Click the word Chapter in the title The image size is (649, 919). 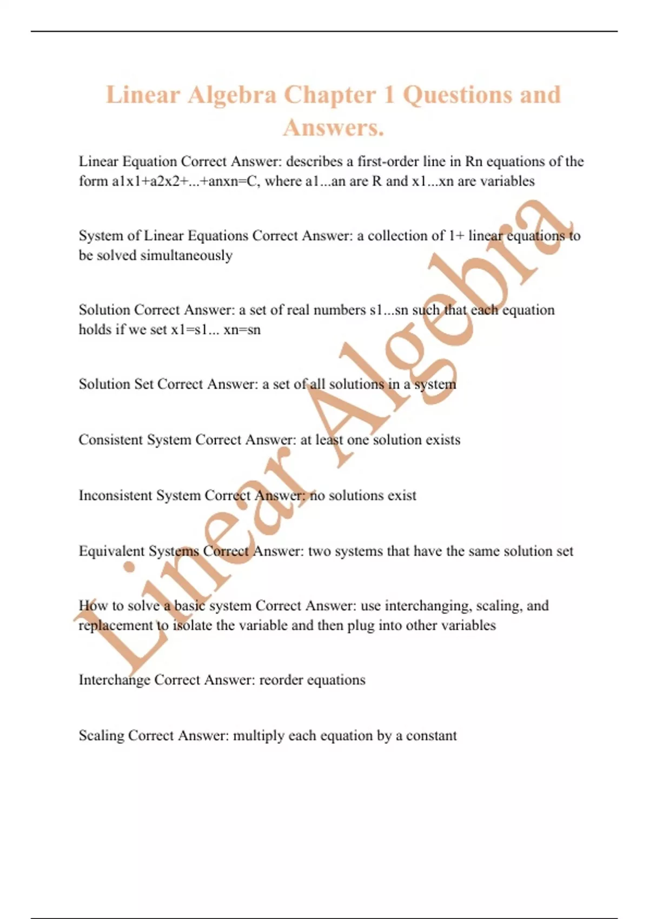point(330,95)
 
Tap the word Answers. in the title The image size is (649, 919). point(333,128)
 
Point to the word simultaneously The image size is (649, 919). point(186,256)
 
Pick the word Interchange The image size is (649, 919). point(114,680)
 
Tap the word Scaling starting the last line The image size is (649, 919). point(101,736)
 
